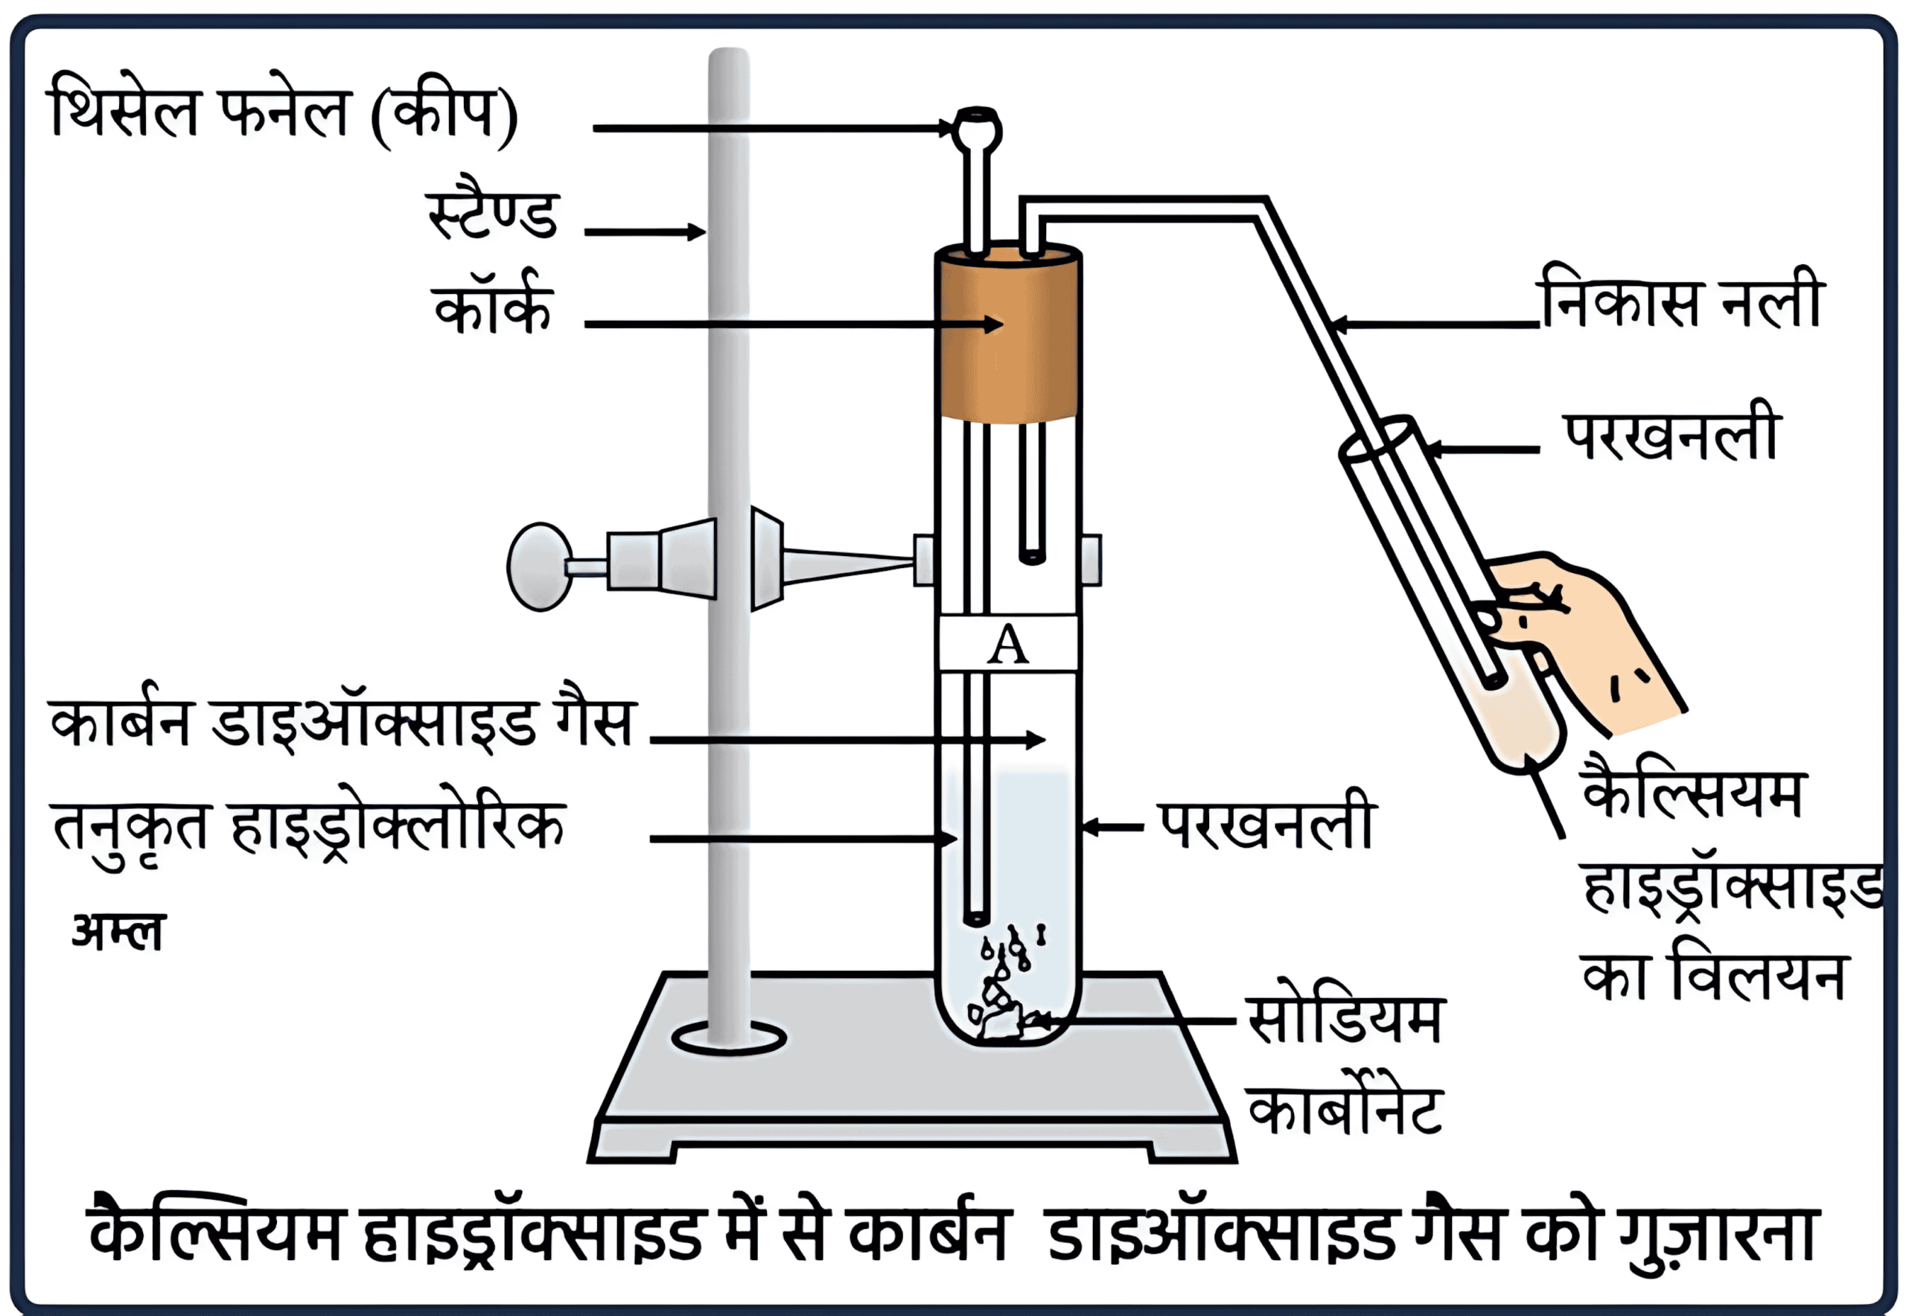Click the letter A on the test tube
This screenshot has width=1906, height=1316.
[x=1007, y=645]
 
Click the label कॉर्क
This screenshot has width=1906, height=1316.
[x=493, y=306]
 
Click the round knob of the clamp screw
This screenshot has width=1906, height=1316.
[x=541, y=566]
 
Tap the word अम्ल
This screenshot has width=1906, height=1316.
[x=118, y=932]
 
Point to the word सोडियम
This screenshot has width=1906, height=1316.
[x=1345, y=1020]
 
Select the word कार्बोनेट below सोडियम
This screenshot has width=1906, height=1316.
[x=1345, y=1109]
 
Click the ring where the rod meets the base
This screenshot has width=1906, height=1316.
[x=729, y=1038]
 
